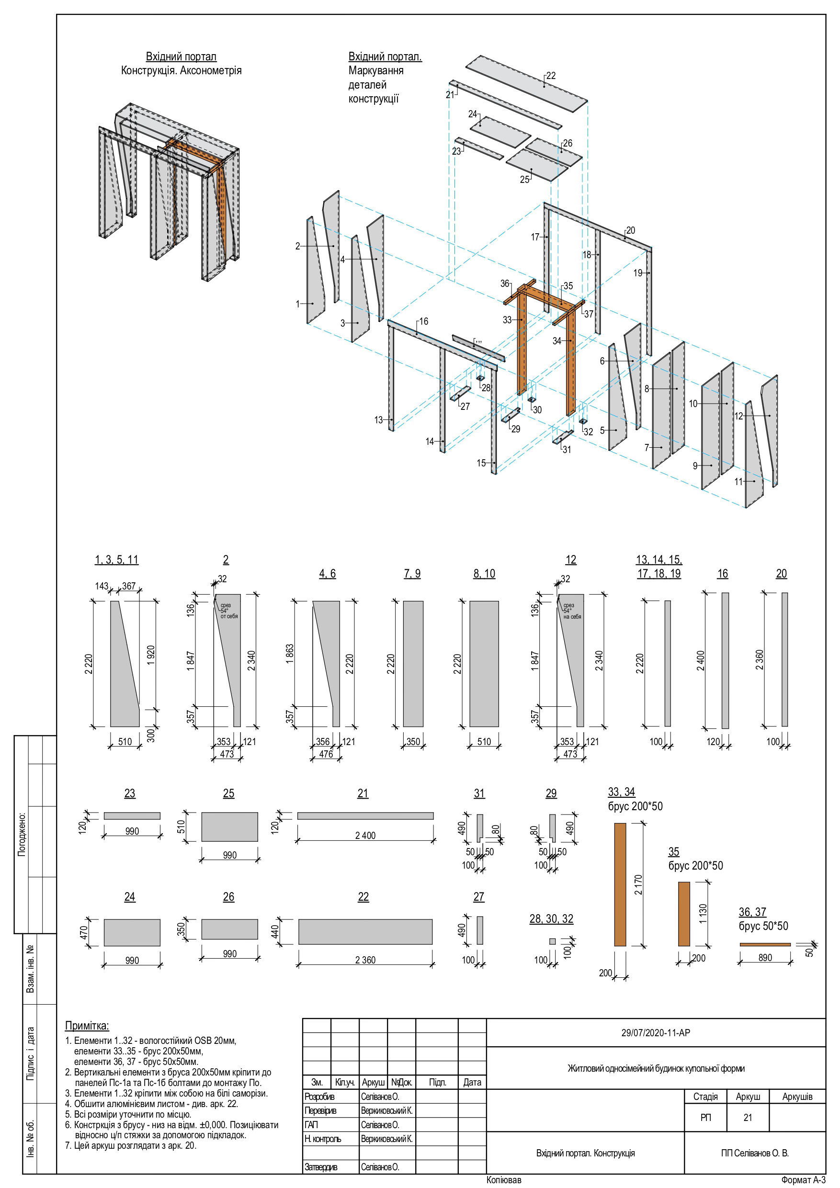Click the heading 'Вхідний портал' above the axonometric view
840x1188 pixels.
181,57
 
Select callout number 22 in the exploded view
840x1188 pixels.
551,76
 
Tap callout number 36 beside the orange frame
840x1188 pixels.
505,283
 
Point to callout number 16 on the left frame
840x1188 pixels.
423,321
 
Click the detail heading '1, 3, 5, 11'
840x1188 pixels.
116,559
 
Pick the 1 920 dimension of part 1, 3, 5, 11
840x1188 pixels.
150,655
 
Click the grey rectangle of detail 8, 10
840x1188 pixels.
484,663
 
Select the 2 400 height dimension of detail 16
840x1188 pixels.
700,660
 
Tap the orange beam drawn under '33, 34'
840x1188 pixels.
620,884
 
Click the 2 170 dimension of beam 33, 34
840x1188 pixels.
638,884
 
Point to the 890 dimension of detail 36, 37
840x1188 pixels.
765,958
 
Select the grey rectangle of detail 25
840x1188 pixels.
229,827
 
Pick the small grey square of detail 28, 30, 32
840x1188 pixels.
552,941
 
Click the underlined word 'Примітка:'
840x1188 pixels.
87,1026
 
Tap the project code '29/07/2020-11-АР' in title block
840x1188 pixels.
655,1033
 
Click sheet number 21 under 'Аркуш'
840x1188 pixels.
748,1118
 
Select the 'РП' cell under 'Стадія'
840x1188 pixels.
705,1118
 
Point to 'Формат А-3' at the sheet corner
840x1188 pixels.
803,1180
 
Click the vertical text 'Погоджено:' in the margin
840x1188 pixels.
22,835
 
